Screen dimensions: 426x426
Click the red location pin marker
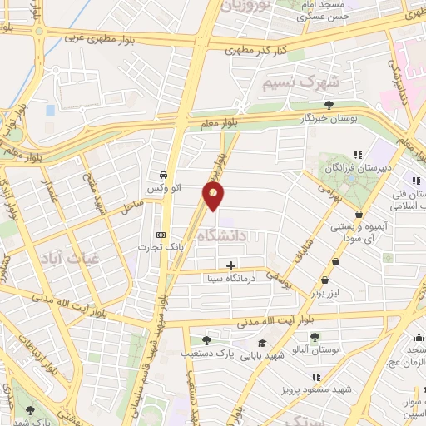coord(214,196)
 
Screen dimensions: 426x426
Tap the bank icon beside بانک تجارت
coord(161,235)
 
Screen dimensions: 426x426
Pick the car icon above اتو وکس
coord(164,176)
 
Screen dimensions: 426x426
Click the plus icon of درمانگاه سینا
coord(230,265)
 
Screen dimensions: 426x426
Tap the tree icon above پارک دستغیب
coord(206,339)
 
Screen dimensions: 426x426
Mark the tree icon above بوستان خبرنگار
coord(329,105)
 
